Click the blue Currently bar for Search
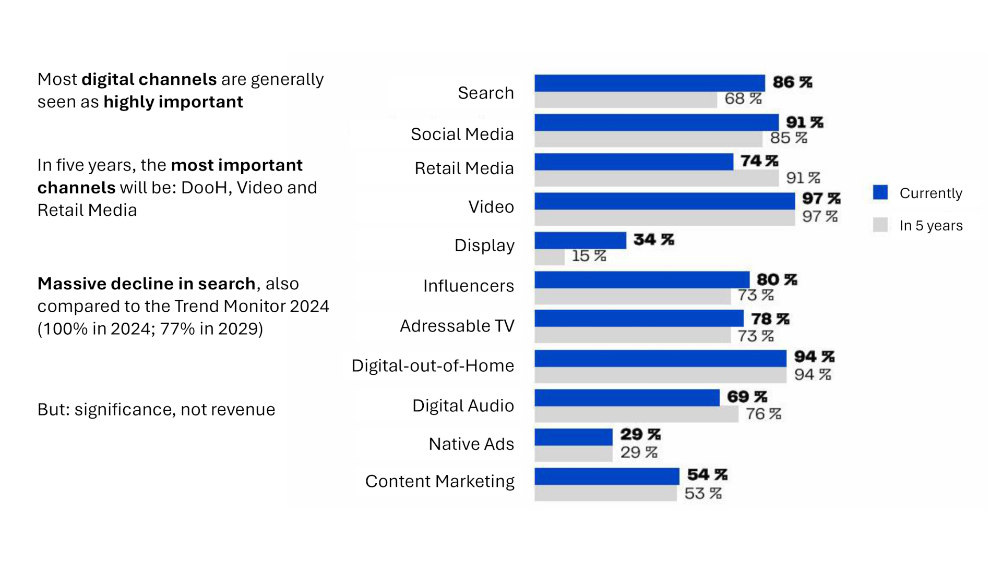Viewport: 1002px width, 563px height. tap(649, 83)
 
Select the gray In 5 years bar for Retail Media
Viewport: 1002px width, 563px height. tap(656, 178)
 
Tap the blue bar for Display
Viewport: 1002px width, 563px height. tap(580, 240)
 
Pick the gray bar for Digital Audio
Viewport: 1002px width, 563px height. tap(636, 414)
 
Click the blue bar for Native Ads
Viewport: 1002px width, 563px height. tap(573, 437)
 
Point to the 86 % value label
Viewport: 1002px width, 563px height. tap(792, 82)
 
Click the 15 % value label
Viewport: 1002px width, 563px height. tap(589, 256)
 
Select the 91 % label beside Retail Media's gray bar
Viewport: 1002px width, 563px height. tap(803, 178)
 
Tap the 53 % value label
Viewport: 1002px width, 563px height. tap(702, 493)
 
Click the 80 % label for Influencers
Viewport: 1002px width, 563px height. tap(777, 280)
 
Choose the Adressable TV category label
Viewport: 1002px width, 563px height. tap(457, 326)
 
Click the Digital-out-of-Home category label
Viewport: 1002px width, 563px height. tap(433, 365)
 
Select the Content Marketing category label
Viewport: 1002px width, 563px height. tap(439, 481)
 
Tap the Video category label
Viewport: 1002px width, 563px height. tap(491, 207)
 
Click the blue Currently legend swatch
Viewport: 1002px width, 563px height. tap(880, 192)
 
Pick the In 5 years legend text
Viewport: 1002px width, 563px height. tap(931, 226)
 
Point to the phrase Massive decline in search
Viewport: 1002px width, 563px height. tap(146, 284)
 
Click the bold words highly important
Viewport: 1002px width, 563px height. tap(173, 102)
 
